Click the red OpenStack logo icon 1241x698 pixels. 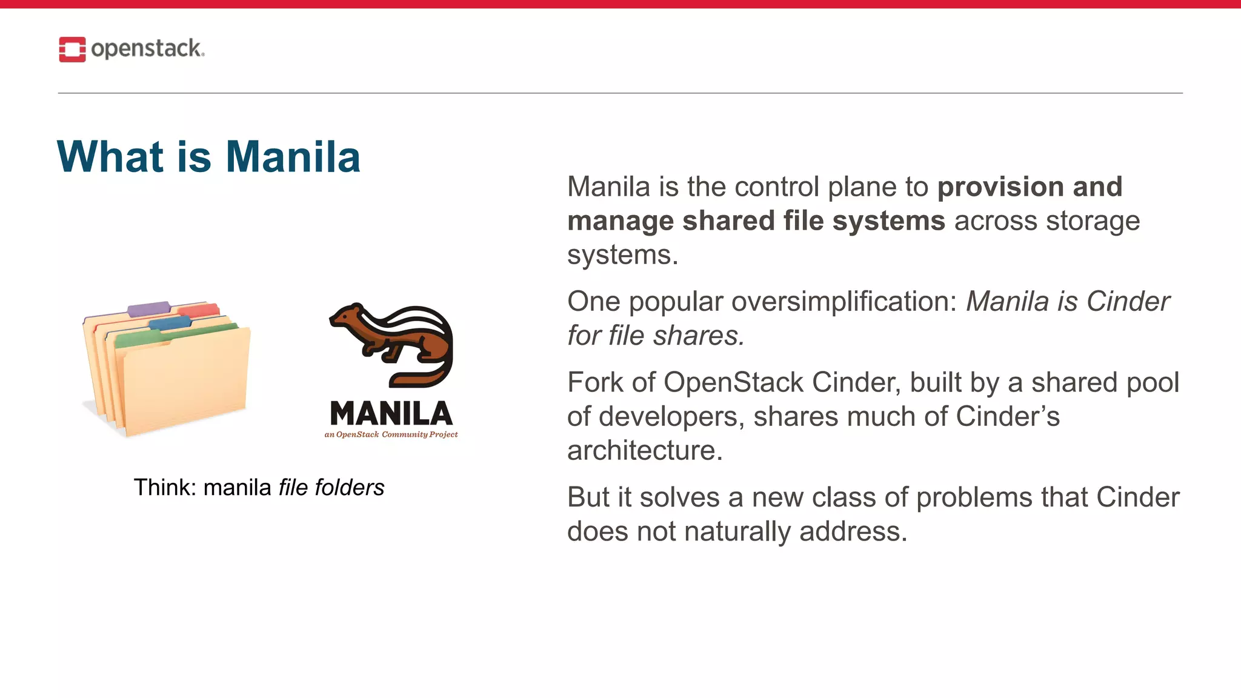tap(72, 49)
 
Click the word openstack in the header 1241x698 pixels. tap(147, 48)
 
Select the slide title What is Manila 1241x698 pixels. tap(208, 156)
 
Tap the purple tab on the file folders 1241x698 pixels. tap(149, 308)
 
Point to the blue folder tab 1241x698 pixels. tap(170, 322)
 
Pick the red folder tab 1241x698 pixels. tap(199, 311)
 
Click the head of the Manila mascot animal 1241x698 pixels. tap(348, 316)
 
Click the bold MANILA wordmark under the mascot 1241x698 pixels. tap(391, 414)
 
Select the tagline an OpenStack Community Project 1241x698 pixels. tap(391, 434)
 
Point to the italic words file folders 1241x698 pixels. tap(331, 487)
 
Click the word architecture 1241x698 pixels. tap(645, 450)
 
